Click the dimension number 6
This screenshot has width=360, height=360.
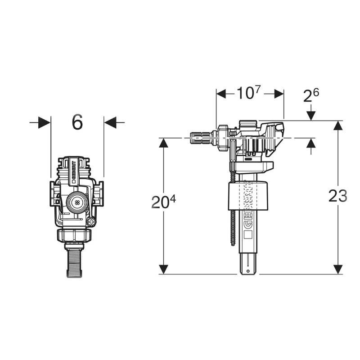77,122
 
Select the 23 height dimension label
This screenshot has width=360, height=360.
337,196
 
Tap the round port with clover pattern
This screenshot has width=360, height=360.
77,202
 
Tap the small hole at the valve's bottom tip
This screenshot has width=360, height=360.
247,272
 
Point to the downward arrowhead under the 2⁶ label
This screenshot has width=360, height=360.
311,117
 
